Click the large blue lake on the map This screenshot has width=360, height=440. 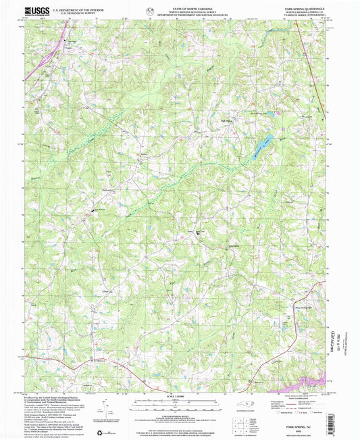[261, 149]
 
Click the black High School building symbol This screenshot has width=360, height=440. [95, 213]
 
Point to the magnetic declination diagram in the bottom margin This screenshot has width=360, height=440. [103, 408]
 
